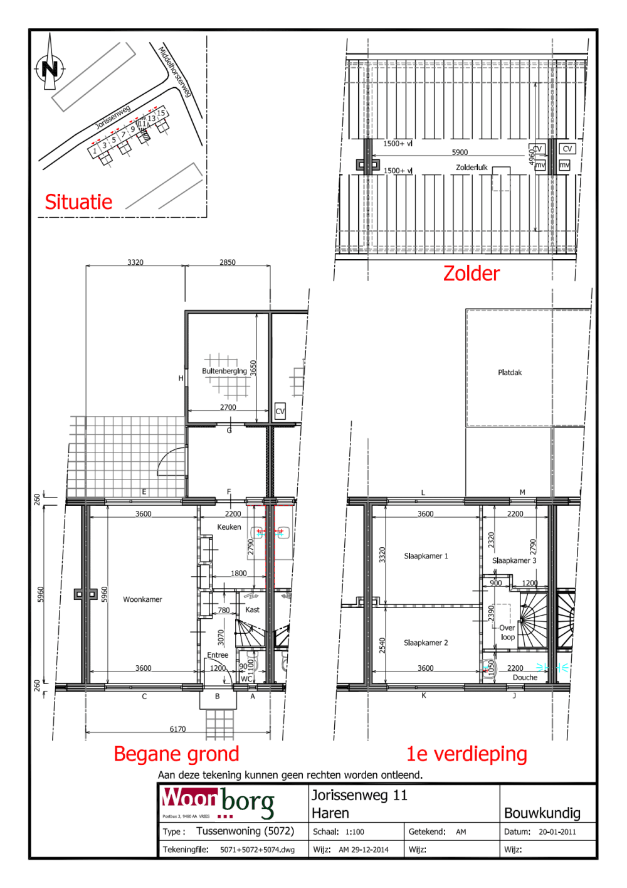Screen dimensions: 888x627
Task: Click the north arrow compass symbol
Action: pos(50,67)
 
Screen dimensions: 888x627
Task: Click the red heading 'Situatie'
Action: pos(78,202)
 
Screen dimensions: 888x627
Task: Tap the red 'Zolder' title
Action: pos(471,274)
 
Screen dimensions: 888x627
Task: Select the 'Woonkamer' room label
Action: pos(142,599)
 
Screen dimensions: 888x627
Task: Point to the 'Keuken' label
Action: pos(229,527)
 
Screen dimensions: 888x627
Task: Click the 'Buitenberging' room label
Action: pos(224,371)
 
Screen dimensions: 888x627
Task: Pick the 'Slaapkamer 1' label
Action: pos(426,556)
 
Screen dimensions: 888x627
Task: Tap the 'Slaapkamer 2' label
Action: pos(426,643)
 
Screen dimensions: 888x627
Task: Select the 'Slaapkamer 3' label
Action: pos(514,560)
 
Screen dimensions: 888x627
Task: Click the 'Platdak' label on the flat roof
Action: pos(510,372)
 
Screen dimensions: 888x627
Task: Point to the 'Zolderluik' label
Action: pos(472,168)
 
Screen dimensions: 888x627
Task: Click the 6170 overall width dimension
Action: pos(177,729)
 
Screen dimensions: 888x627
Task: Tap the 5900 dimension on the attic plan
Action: pos(460,152)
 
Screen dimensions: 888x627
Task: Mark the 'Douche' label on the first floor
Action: pos(525,677)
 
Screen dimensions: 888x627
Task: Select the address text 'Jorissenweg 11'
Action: pos(359,795)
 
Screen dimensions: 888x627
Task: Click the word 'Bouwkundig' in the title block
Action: pos(542,813)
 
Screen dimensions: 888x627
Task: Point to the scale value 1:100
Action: pos(355,832)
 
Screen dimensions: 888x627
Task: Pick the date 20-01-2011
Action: pos(557,832)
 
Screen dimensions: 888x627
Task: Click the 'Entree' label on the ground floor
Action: pos(218,655)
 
